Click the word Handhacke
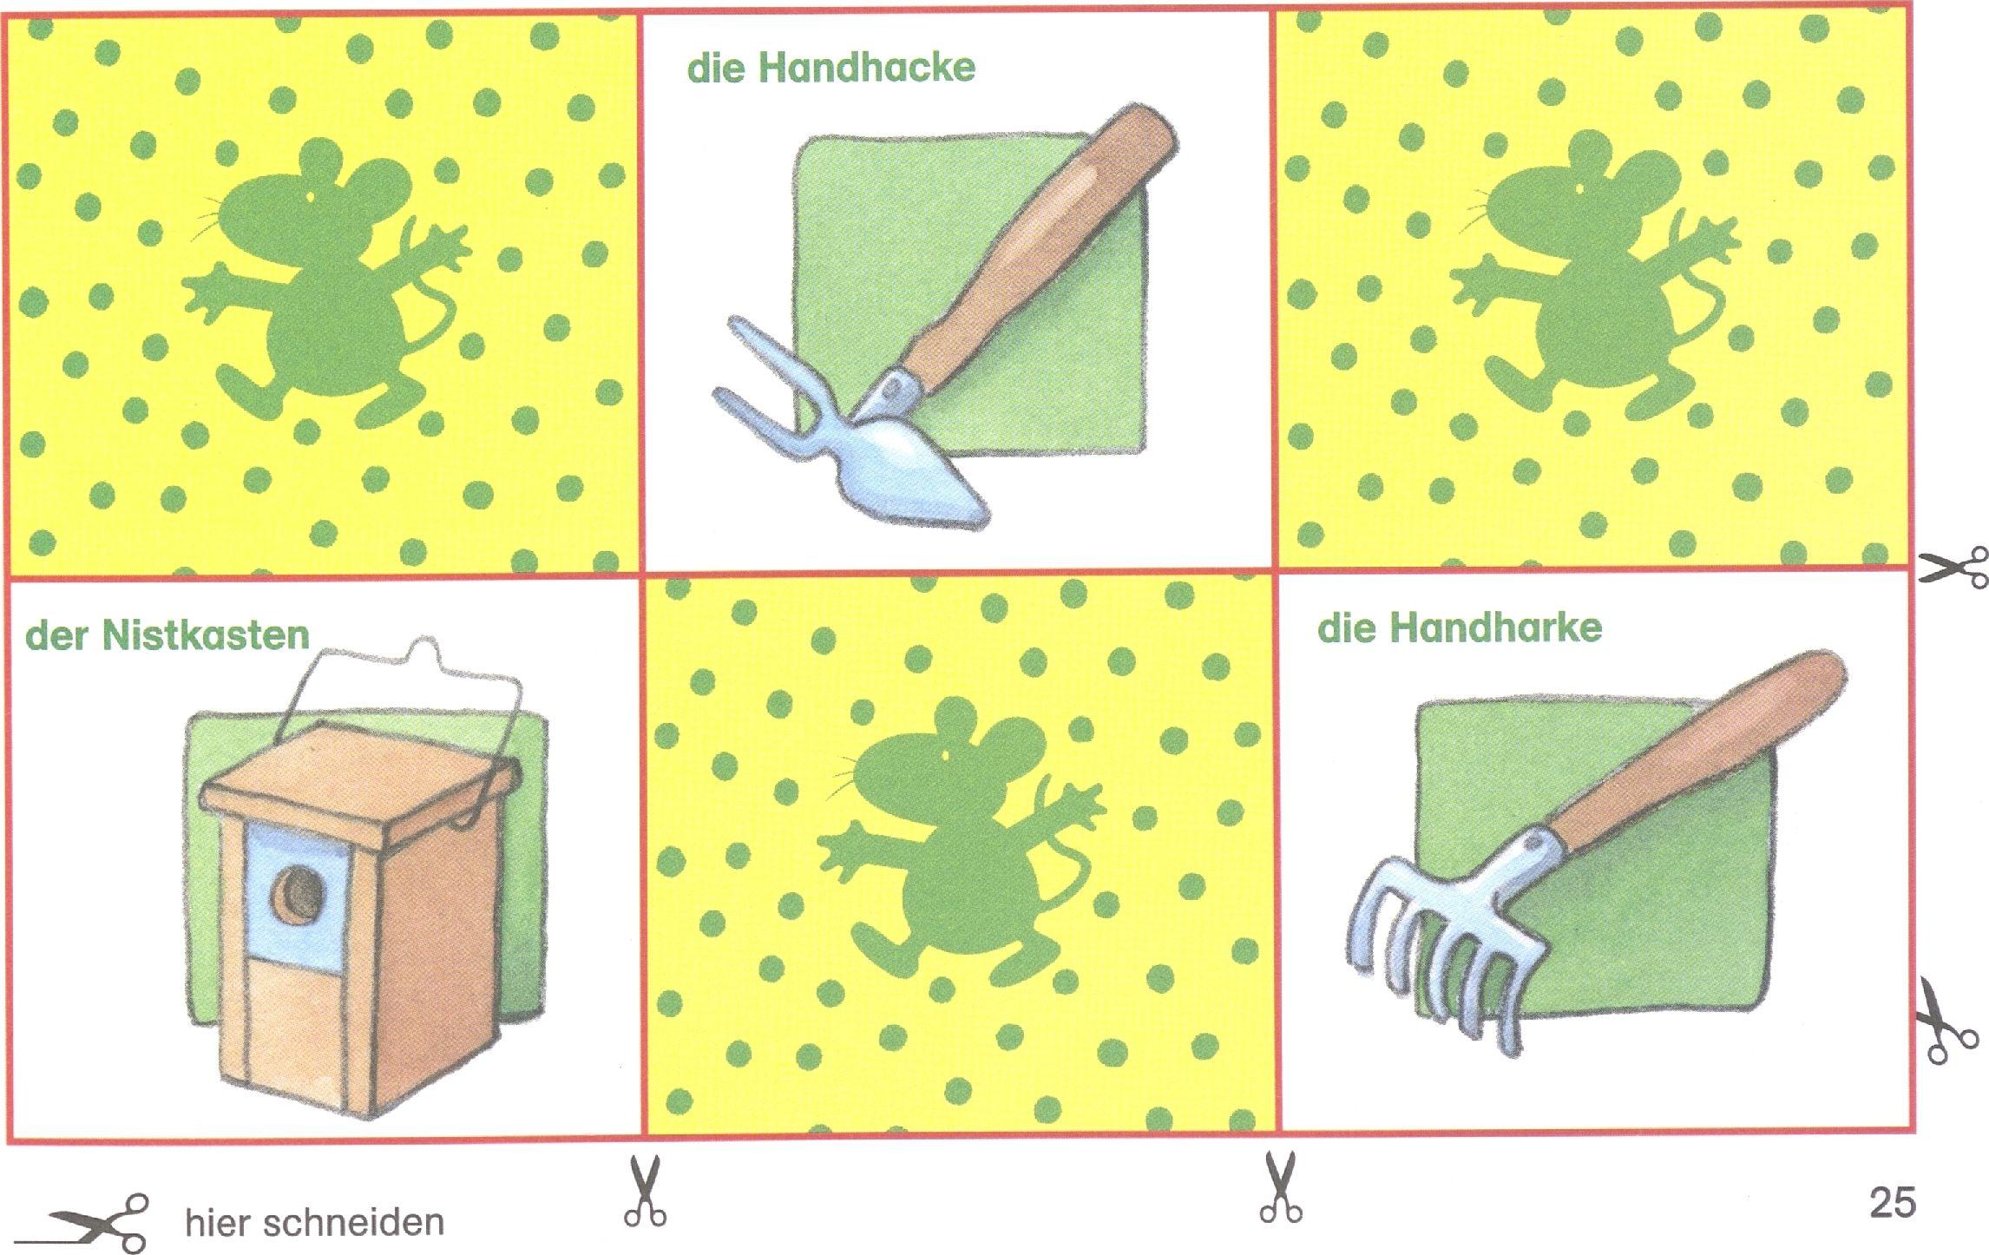click(x=867, y=68)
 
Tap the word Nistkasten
click(x=206, y=635)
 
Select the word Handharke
click(x=1496, y=627)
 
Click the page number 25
click(x=1893, y=1203)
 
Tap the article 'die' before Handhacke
click(x=717, y=68)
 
